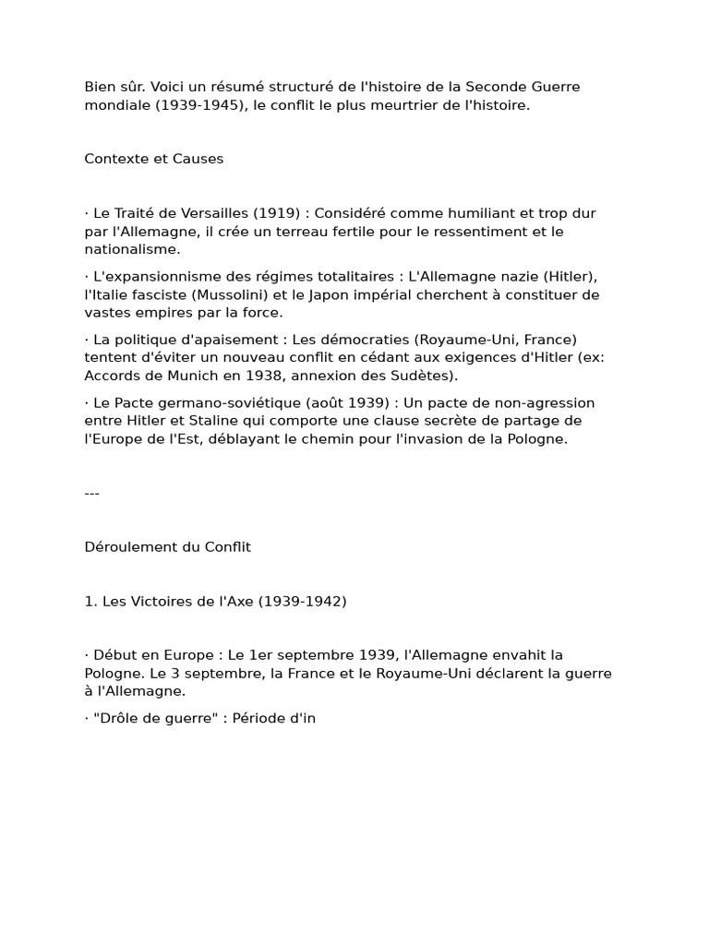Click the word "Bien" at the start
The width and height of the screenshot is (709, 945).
pos(100,87)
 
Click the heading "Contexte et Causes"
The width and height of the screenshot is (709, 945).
pos(154,159)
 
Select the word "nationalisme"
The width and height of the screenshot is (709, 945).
pos(132,249)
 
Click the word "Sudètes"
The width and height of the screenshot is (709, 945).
pos(424,376)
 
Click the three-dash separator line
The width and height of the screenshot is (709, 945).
pos(92,493)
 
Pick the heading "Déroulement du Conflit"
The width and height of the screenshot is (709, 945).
pos(168,547)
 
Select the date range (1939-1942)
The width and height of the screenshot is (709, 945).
pos(302,602)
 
